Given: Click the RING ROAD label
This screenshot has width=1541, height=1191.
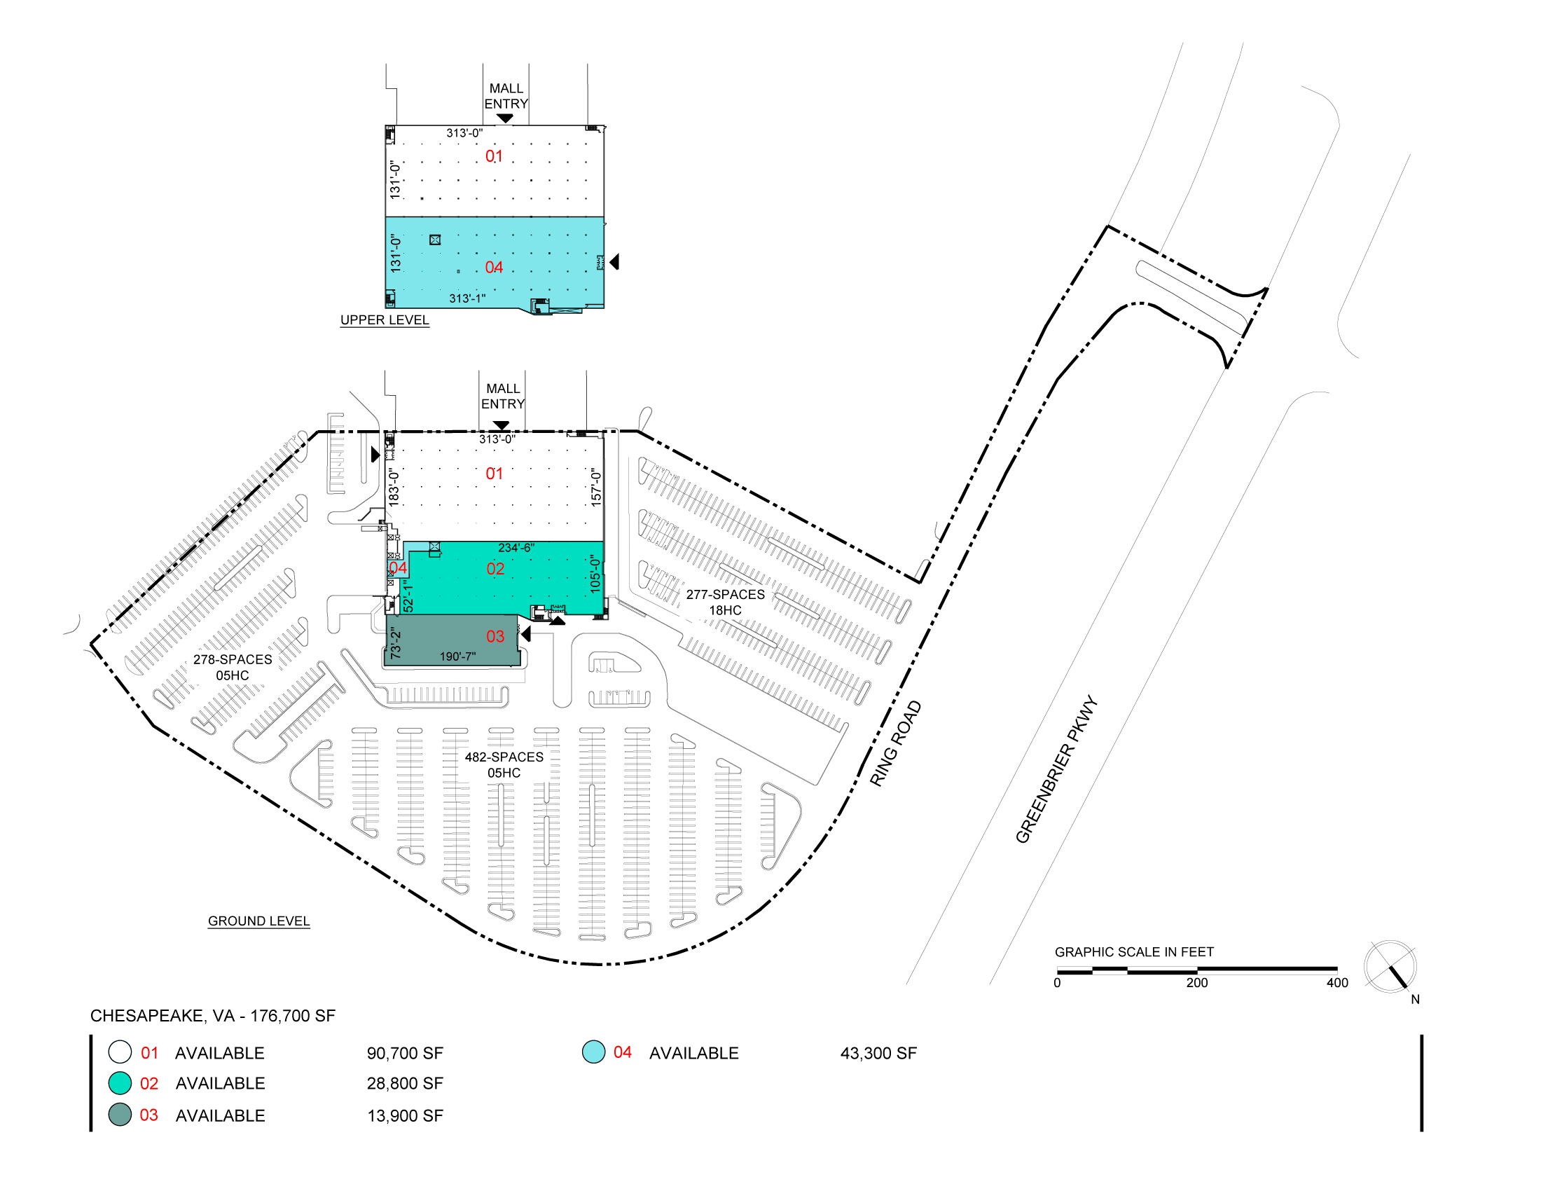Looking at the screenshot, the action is pyautogui.click(x=894, y=743).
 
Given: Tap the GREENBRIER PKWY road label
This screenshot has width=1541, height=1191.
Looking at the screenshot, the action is pyautogui.click(x=1056, y=769).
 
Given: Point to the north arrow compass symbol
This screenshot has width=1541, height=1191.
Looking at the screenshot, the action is pyautogui.click(x=1390, y=967).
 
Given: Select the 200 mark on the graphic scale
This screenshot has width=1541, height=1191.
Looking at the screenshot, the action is pyautogui.click(x=1196, y=983).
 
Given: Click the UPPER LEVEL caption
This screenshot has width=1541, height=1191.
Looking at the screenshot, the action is pyautogui.click(x=385, y=319).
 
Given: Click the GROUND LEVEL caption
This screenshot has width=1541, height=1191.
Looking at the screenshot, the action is pyautogui.click(x=259, y=921).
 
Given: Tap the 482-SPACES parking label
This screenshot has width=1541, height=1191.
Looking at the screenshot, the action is pyautogui.click(x=504, y=757).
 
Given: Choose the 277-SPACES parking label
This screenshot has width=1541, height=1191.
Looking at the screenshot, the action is pyautogui.click(x=726, y=595).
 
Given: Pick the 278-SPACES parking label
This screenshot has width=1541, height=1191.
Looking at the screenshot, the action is pyautogui.click(x=233, y=660).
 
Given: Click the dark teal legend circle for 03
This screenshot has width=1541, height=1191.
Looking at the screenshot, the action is pyautogui.click(x=120, y=1115).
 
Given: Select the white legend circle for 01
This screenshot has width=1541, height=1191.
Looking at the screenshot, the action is pyautogui.click(x=120, y=1052).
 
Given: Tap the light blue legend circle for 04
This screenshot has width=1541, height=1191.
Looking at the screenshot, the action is pyautogui.click(x=593, y=1052).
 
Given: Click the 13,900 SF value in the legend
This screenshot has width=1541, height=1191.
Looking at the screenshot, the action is pyautogui.click(x=405, y=1115).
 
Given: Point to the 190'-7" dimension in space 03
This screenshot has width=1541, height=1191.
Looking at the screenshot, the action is pyautogui.click(x=458, y=657).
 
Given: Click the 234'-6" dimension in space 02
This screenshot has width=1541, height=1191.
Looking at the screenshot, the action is pyautogui.click(x=516, y=548).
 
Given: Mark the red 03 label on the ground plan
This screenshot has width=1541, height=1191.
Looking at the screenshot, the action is pyautogui.click(x=495, y=636).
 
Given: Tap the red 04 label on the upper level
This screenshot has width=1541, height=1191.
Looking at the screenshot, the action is pyautogui.click(x=494, y=268).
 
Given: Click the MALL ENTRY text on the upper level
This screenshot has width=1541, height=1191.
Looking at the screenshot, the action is pyautogui.click(x=506, y=96).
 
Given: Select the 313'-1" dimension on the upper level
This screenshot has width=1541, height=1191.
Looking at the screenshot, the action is pyautogui.click(x=467, y=298).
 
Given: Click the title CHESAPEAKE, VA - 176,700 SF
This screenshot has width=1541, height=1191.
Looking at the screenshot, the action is pyautogui.click(x=213, y=1016).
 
